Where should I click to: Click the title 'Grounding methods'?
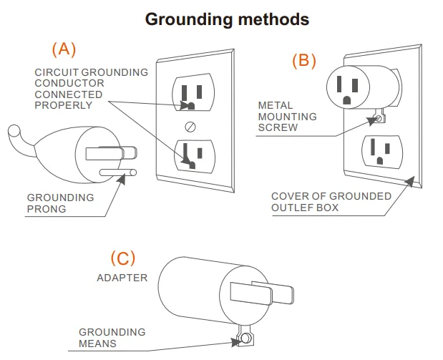(x=227, y=19)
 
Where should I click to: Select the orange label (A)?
(x=64, y=49)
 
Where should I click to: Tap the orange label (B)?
(x=303, y=60)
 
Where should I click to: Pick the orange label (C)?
(x=122, y=258)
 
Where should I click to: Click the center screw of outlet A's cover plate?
(x=190, y=127)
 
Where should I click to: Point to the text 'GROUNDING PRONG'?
(x=60, y=203)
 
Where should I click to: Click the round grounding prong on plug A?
(x=118, y=172)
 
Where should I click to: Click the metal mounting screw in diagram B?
(x=377, y=119)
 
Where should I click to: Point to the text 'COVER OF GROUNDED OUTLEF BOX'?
(x=331, y=202)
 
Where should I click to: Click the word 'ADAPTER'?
(x=122, y=277)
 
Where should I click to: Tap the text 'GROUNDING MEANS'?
(x=112, y=337)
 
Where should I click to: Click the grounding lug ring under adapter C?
(x=245, y=338)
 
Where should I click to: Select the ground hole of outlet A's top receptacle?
(x=190, y=106)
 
